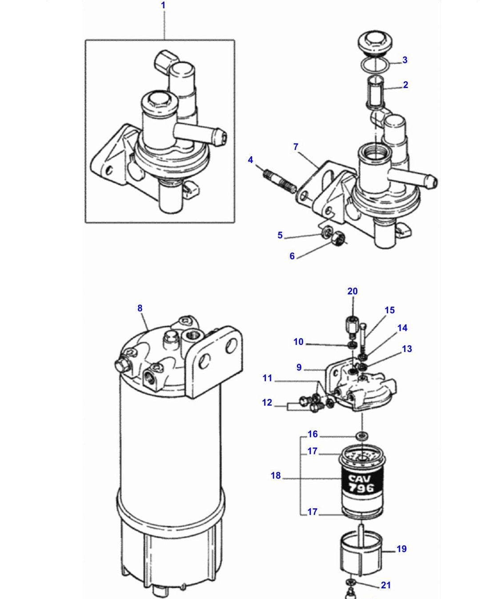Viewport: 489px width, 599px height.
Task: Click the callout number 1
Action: click(163, 5)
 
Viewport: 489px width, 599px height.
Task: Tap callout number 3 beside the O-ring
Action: click(405, 60)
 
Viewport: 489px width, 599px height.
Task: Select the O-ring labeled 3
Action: click(375, 65)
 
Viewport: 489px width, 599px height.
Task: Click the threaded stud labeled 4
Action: click(280, 181)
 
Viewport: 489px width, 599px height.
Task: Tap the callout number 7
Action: click(296, 147)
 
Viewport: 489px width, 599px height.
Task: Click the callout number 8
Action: click(140, 308)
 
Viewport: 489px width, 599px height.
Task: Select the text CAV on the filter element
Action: click(360, 478)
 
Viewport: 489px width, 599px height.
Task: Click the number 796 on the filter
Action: click(361, 488)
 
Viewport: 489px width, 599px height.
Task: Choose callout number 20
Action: click(353, 291)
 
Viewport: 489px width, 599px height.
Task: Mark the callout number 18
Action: click(276, 475)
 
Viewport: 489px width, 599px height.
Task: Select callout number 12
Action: click(267, 402)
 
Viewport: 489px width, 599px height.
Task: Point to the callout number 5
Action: click(280, 235)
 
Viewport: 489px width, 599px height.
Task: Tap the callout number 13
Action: click(407, 349)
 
